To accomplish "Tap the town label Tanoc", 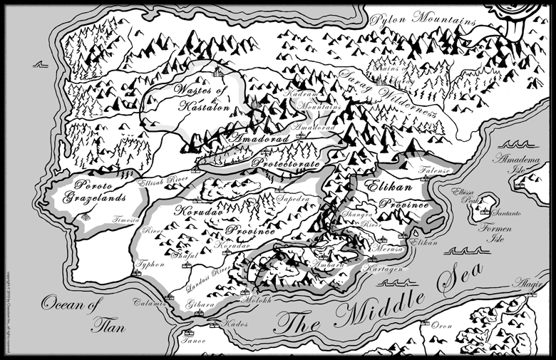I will tap(194, 340).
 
